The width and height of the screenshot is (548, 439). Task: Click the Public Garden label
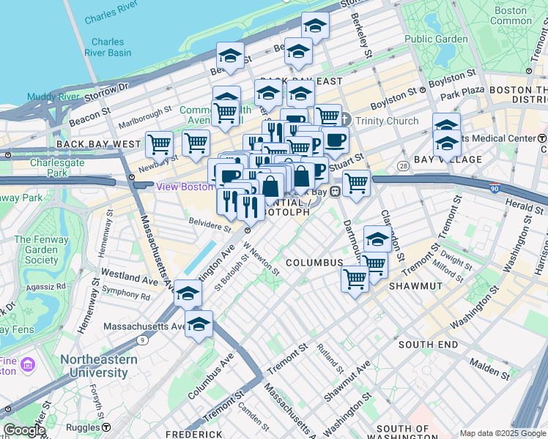(x=436, y=39)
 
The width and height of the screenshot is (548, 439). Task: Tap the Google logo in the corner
(x=24, y=430)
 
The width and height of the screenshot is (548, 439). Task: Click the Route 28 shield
(x=404, y=168)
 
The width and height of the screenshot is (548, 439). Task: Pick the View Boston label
(x=185, y=187)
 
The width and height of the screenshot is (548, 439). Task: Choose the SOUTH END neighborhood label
(x=428, y=344)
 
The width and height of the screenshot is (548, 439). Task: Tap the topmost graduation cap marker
(x=315, y=25)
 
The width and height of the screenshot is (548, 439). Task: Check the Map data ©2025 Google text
(x=502, y=433)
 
